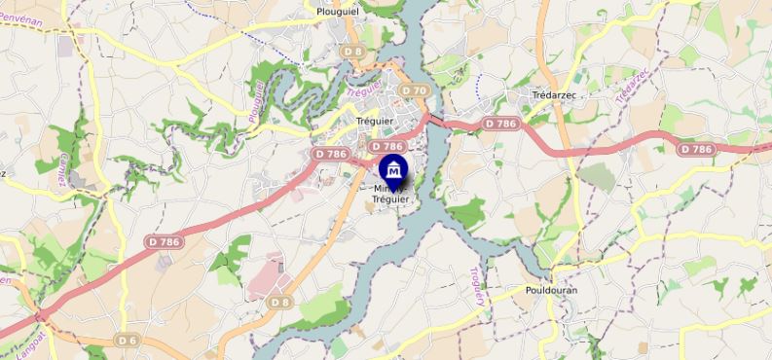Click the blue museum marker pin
point(393,169)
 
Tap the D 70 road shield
point(415,90)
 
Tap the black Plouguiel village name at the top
point(341,12)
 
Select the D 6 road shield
point(127,340)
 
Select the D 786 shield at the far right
point(697,149)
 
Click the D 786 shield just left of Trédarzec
point(500,124)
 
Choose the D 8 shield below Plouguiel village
point(352,51)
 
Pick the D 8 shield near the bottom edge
point(280,303)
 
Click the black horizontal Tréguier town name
point(374,121)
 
